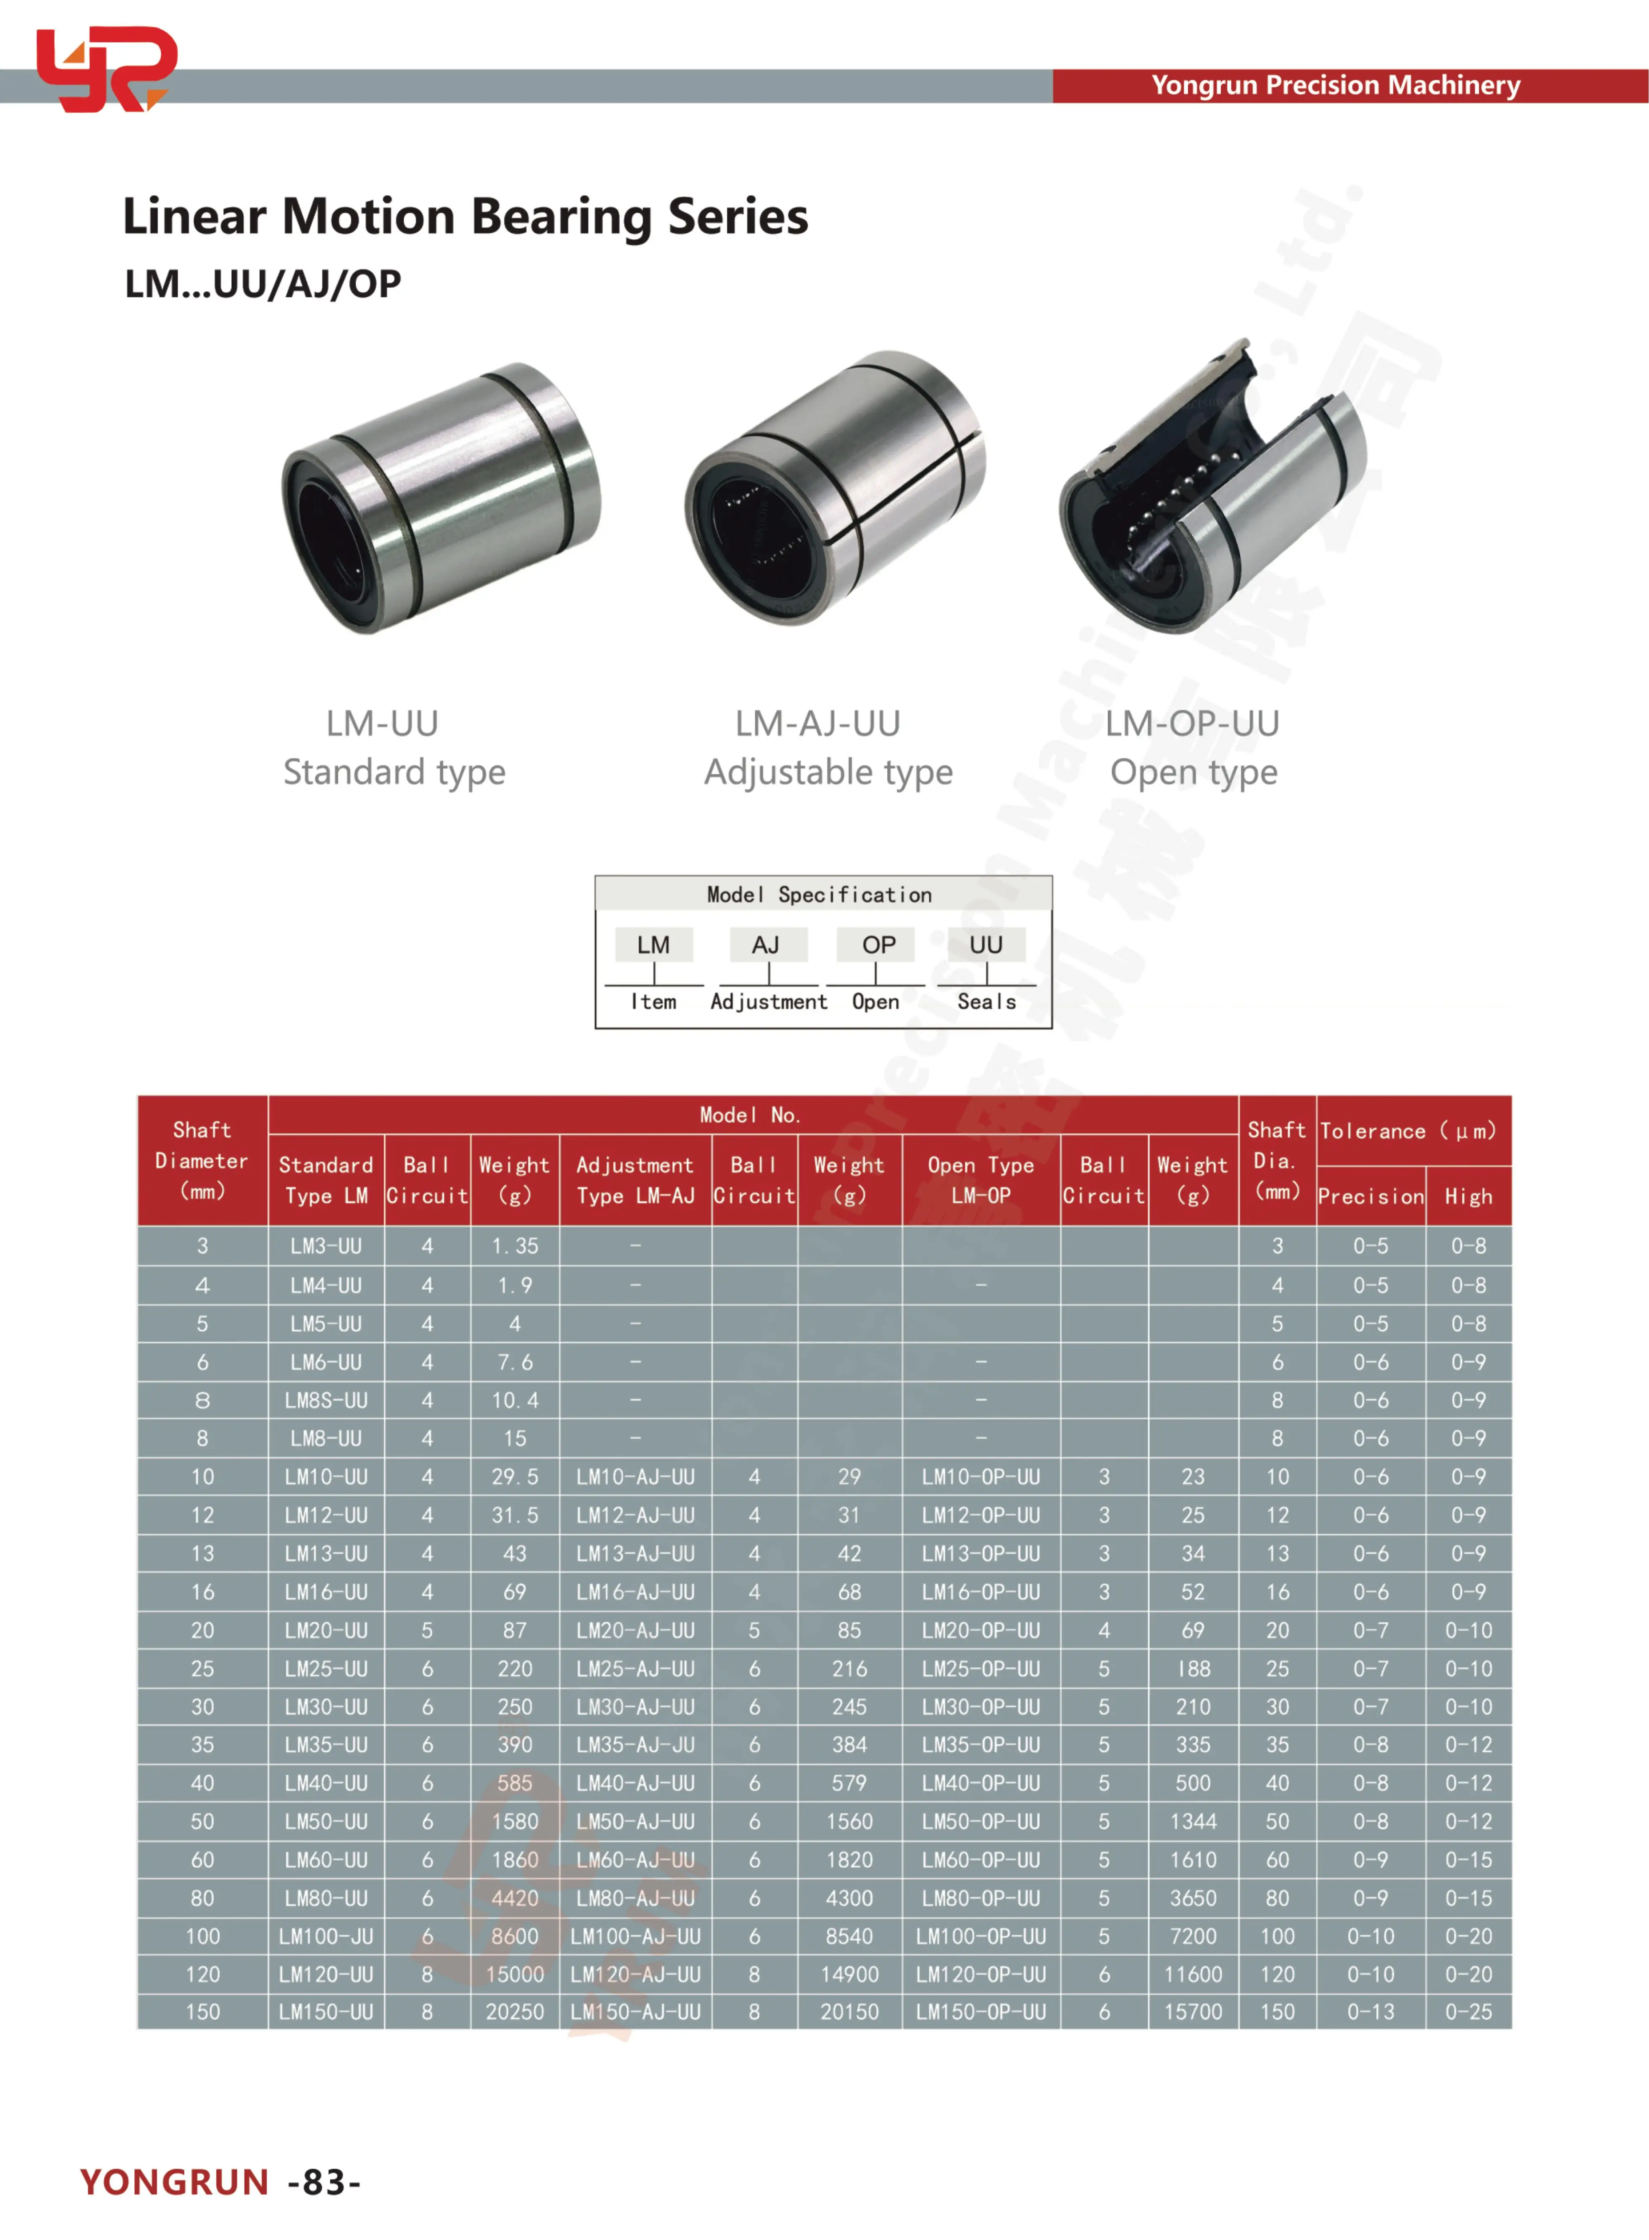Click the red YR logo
pos(105,68)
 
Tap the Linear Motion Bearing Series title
pos(465,217)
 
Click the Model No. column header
pos(750,1114)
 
